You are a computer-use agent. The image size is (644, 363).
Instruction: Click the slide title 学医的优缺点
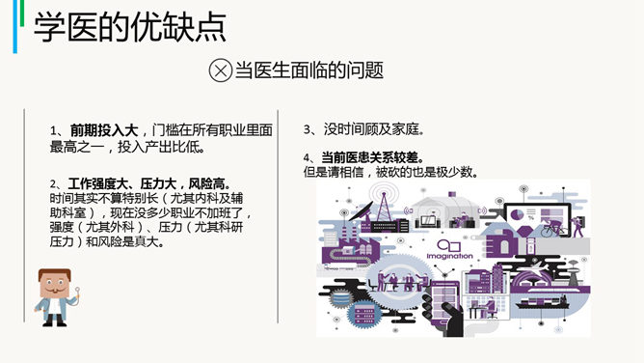pos(130,28)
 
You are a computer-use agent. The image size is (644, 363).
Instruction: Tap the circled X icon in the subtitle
pos(221,70)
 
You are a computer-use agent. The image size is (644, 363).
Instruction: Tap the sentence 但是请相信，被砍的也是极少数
pos(390,173)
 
